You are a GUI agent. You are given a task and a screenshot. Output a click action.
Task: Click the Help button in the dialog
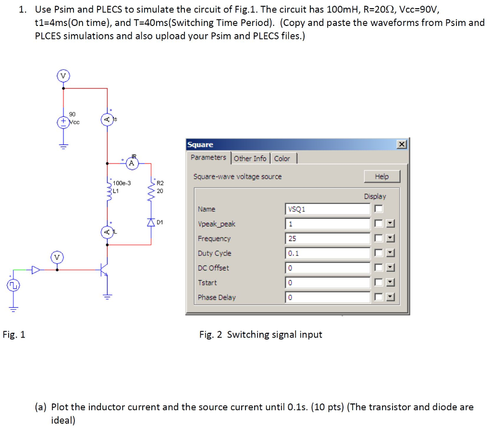pyautogui.click(x=381, y=176)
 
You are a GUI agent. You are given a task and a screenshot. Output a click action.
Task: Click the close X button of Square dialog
pyautogui.click(x=401, y=145)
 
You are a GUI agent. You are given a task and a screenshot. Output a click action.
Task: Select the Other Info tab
pyautogui.click(x=250, y=158)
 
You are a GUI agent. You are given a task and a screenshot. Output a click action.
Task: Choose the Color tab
pyautogui.click(x=282, y=158)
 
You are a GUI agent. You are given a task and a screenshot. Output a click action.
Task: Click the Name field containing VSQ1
pyautogui.click(x=328, y=209)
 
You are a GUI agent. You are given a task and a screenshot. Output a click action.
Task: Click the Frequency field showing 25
pyautogui.click(x=328, y=239)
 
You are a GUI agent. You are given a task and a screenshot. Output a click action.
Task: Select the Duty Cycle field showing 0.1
pyautogui.click(x=328, y=253)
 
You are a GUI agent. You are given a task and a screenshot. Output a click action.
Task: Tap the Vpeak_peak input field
pyautogui.click(x=328, y=224)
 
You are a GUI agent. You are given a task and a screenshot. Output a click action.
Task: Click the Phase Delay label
pyautogui.click(x=217, y=297)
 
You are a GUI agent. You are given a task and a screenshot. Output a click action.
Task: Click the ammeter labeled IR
pyautogui.click(x=131, y=164)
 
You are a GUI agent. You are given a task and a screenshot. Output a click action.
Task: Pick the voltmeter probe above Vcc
pyautogui.click(x=63, y=76)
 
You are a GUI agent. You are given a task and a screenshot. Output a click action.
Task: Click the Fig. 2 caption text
pyautogui.click(x=260, y=335)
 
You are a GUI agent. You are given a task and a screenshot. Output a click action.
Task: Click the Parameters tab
pyautogui.click(x=208, y=158)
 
